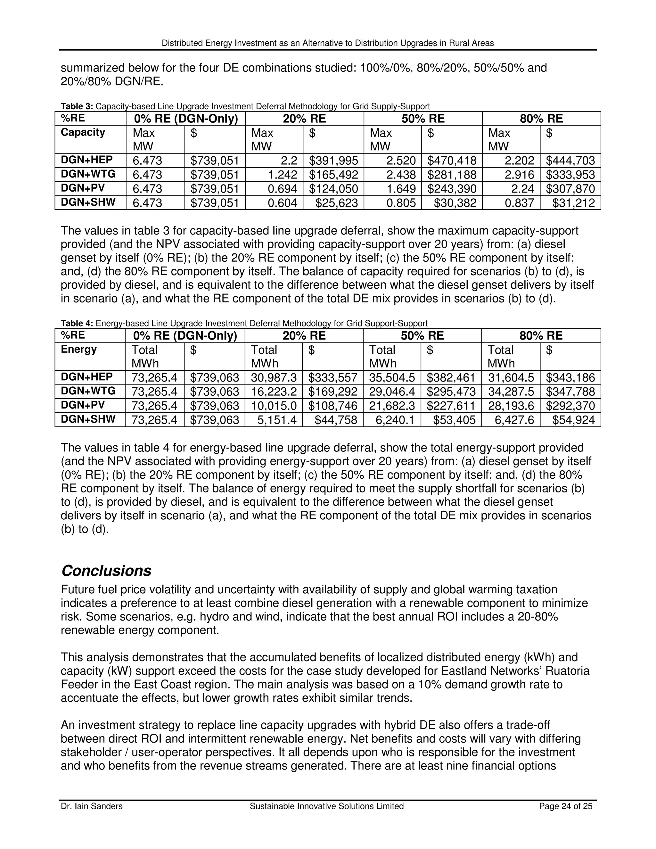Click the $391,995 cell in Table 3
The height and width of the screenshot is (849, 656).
pos(333,161)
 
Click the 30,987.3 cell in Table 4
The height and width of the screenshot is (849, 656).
pos(274,377)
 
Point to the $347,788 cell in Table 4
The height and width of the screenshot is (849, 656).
pos(570,392)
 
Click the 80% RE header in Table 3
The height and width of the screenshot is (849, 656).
pos(541,119)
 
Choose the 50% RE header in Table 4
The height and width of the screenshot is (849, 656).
pos(422,335)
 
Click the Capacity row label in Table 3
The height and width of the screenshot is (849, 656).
pos(83,133)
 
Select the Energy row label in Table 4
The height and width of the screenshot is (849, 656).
pos(78,350)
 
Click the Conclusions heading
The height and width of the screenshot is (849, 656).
pos(106,571)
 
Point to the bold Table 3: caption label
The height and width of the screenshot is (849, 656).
pos(77,106)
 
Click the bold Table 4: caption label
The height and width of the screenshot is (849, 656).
pos(77,324)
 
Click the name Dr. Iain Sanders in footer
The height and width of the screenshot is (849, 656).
pos(91,806)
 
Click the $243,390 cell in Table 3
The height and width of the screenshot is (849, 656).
pos(452,189)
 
